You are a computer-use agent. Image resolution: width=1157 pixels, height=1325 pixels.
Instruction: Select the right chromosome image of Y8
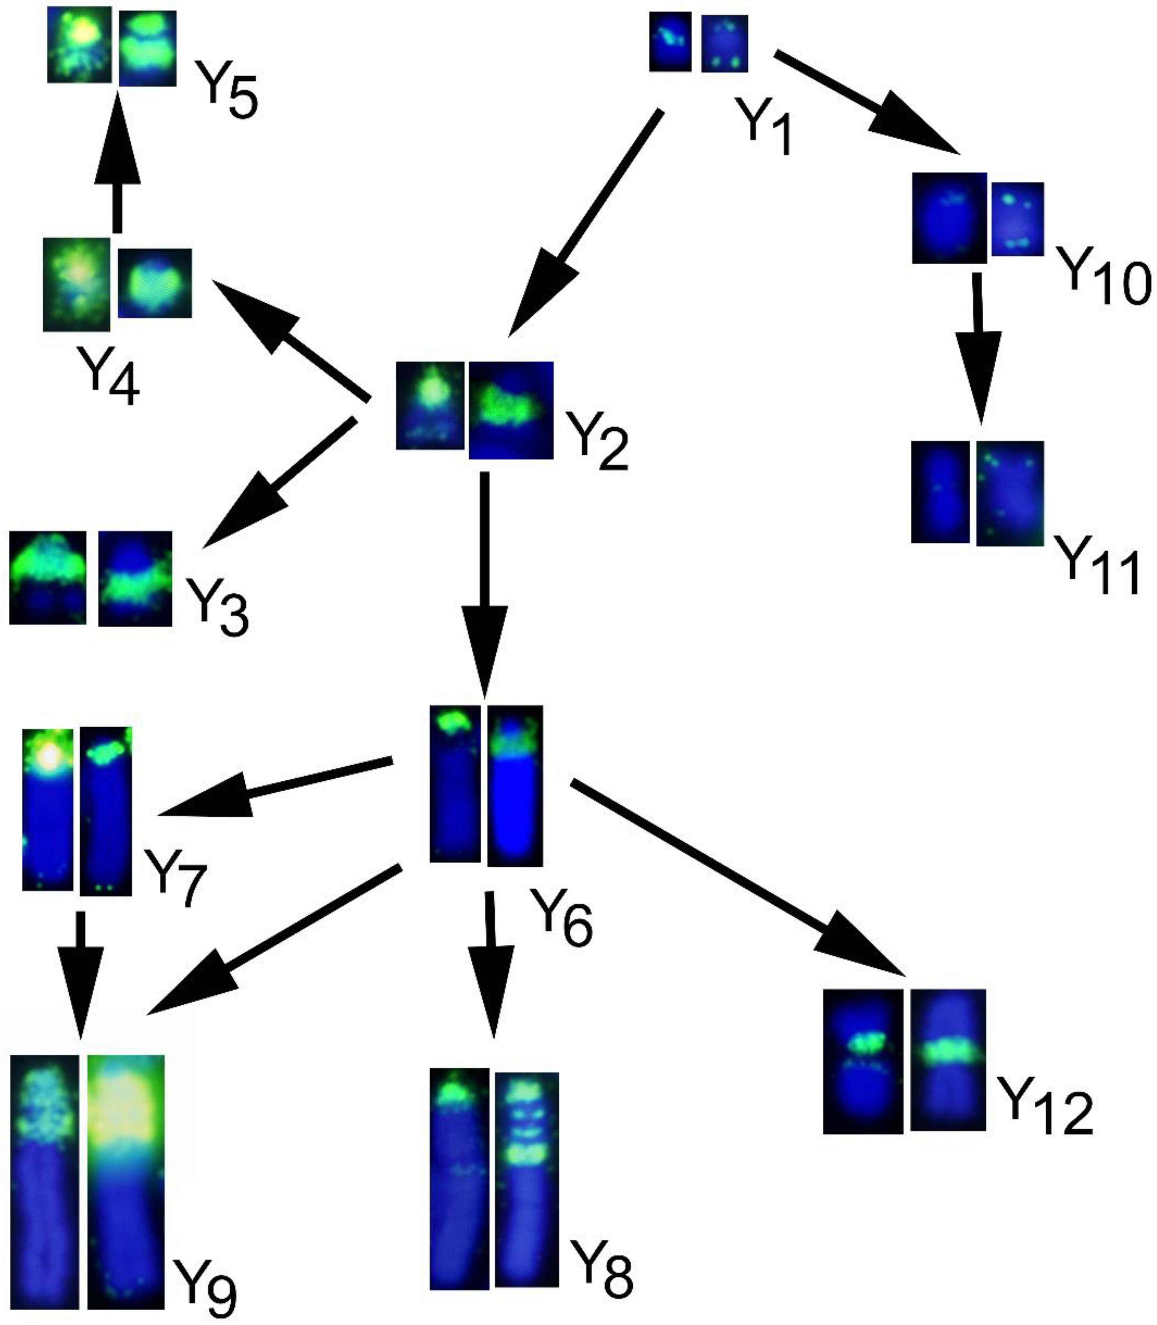pyautogui.click(x=526, y=1180)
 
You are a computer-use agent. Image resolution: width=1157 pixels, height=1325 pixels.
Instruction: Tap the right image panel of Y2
pyautogui.click(x=511, y=410)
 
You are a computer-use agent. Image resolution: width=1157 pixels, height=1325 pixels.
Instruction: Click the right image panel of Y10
pyautogui.click(x=1017, y=218)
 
